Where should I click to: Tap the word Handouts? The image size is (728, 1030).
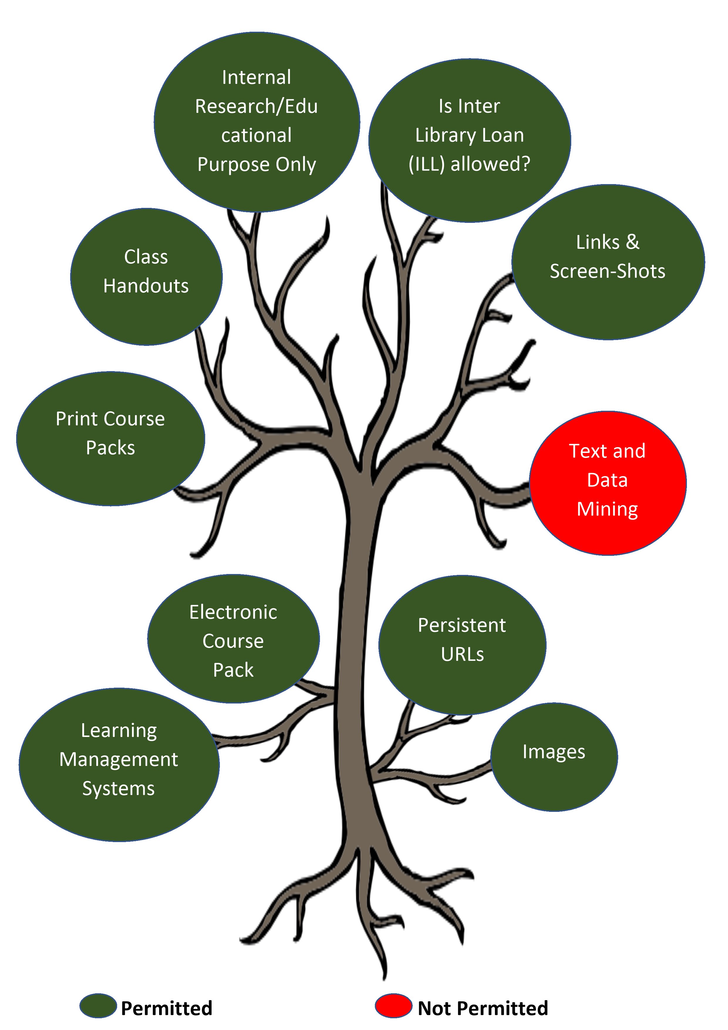(146, 286)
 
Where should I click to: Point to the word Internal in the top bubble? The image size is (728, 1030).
(257, 78)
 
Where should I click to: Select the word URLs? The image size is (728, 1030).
(462, 654)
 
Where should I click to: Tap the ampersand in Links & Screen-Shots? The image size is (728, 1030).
(633, 242)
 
